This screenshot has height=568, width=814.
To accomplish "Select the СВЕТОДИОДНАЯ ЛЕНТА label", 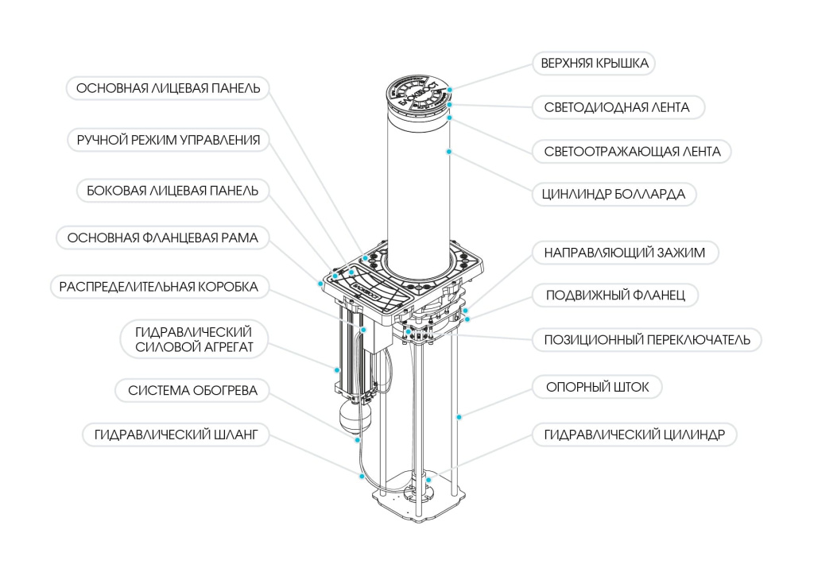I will (x=617, y=107).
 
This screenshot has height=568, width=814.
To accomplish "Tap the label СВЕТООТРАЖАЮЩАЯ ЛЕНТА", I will (x=633, y=151).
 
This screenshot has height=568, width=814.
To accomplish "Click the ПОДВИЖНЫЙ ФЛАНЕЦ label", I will (x=622, y=296).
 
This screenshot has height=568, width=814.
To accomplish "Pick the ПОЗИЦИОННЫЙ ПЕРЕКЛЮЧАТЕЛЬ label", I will (x=646, y=340).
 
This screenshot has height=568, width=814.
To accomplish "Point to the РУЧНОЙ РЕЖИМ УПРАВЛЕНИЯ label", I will (x=169, y=141).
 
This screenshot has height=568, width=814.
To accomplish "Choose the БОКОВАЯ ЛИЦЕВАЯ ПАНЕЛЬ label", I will (x=172, y=191).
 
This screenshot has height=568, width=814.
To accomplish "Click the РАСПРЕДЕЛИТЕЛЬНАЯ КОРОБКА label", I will (x=159, y=287).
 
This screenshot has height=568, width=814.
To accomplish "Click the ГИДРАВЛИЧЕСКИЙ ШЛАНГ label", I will (x=176, y=435).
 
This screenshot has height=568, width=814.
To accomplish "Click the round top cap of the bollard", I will (x=419, y=95).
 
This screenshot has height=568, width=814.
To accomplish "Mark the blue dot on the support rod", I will (x=458, y=415).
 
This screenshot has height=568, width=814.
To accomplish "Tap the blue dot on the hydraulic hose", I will (x=362, y=477).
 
